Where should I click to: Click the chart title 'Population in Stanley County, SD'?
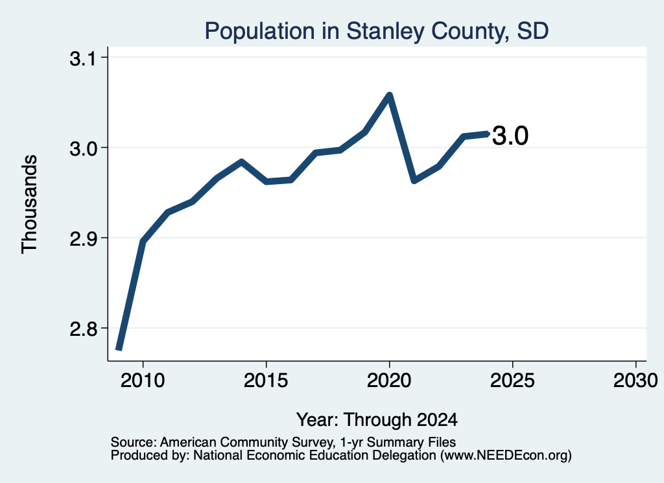pyautogui.click(x=377, y=31)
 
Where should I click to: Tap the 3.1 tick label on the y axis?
pyautogui.click(x=83, y=59)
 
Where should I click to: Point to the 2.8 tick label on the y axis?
pyautogui.click(x=83, y=329)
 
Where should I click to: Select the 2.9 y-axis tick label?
pyautogui.click(x=83, y=239)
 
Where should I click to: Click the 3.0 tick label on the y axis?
pyautogui.click(x=83, y=149)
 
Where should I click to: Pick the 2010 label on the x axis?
pyautogui.click(x=143, y=380)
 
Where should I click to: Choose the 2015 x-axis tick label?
pyautogui.click(x=266, y=380)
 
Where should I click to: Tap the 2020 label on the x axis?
pyautogui.click(x=389, y=380)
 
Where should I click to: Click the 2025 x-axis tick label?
pyautogui.click(x=512, y=380)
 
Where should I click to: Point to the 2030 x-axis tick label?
pyautogui.click(x=635, y=380)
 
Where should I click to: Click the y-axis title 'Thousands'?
pyautogui.click(x=30, y=204)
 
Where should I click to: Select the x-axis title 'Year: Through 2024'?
pyautogui.click(x=377, y=419)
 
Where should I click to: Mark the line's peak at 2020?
pyautogui.click(x=389, y=95)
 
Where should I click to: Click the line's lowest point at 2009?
pyautogui.click(x=119, y=349)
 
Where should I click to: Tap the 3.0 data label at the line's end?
pyautogui.click(x=510, y=136)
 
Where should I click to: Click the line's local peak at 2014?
pyautogui.click(x=241, y=161)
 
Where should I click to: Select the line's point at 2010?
pyautogui.click(x=143, y=241)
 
